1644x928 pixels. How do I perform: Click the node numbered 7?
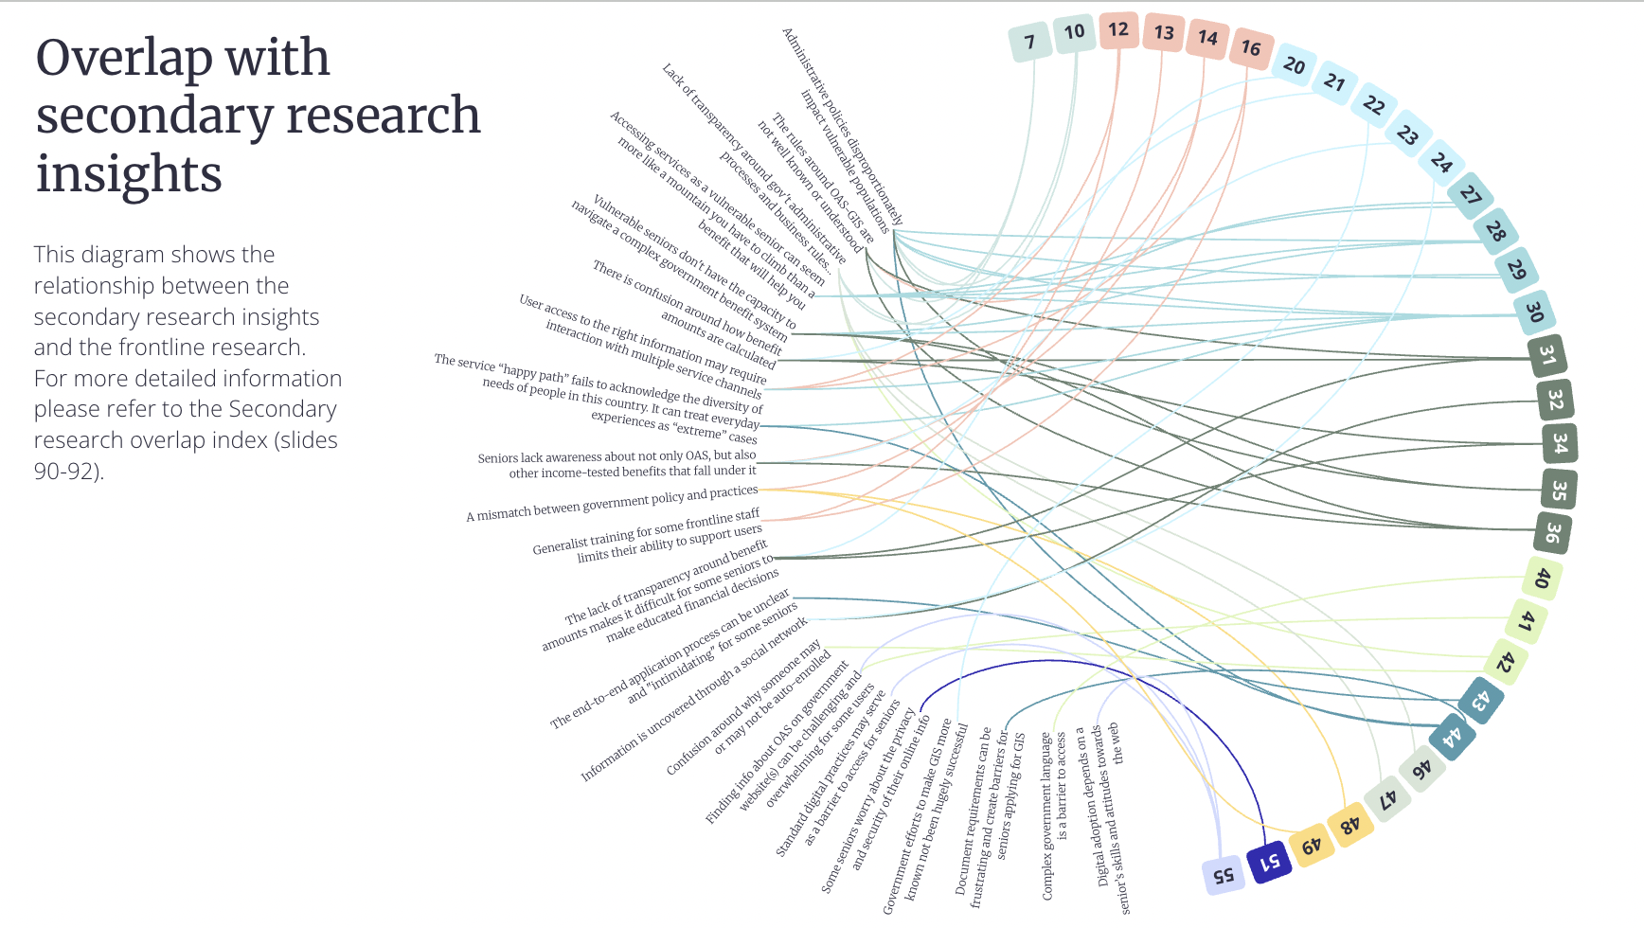[1029, 42]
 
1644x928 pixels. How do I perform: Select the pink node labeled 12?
[1118, 29]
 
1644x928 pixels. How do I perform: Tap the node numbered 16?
[1251, 47]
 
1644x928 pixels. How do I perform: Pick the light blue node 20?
[1294, 65]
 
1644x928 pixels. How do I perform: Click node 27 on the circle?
[1470, 195]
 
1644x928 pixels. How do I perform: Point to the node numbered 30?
[1534, 311]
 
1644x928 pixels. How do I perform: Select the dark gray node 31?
[1546, 355]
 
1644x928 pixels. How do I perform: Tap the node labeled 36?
[1552, 532]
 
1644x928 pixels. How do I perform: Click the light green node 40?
[1542, 578]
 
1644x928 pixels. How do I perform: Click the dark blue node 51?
[1268, 862]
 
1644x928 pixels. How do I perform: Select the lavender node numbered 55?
[1223, 874]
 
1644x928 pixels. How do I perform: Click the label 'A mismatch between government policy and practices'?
[612, 504]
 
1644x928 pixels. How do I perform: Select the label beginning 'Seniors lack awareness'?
[617, 464]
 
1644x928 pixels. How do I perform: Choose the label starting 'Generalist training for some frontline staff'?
[647, 536]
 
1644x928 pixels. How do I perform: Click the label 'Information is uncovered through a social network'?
[694, 700]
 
